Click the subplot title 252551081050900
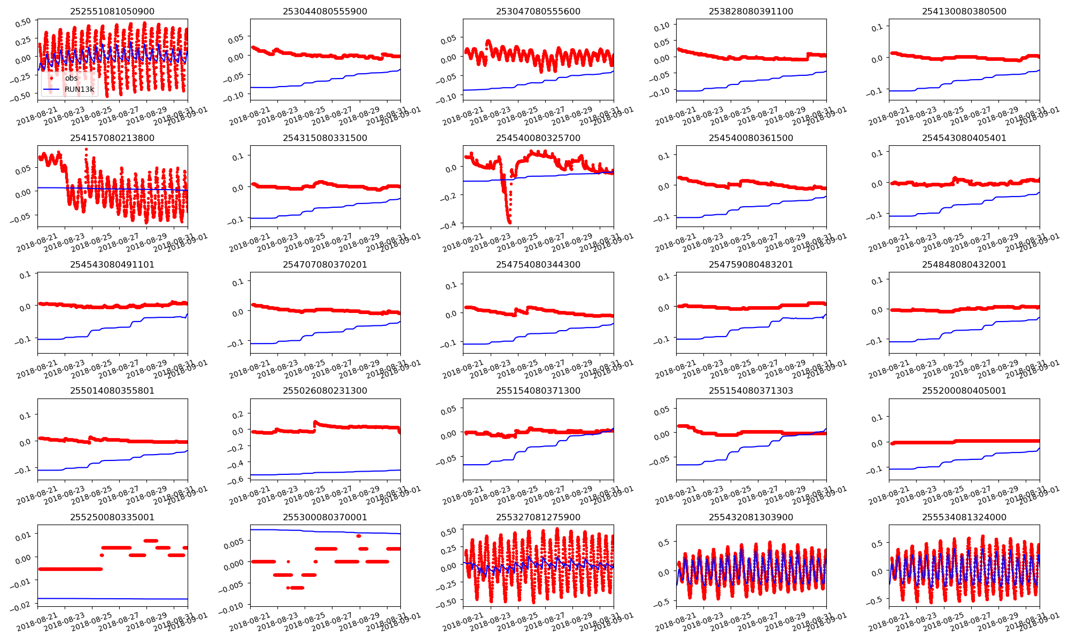(112, 11)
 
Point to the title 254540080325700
(538, 138)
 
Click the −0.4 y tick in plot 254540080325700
(450, 225)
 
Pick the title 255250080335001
(112, 517)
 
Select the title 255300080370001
(325, 517)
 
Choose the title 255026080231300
(325, 390)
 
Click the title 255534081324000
(964, 517)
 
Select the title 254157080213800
(112, 138)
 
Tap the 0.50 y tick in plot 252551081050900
(24, 24)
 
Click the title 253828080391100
(751, 11)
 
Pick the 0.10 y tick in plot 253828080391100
(662, 27)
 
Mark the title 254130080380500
(964, 11)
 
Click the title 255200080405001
(964, 390)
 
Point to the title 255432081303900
(751, 517)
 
